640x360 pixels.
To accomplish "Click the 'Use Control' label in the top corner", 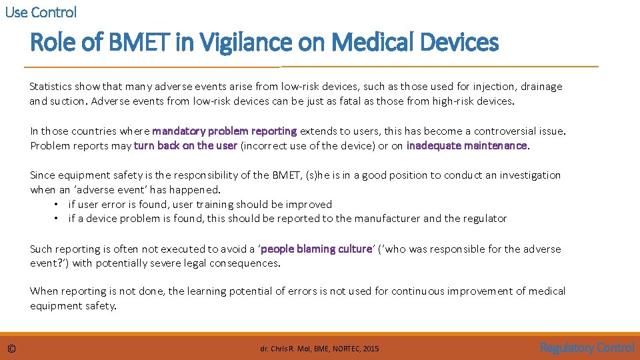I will [x=41, y=12].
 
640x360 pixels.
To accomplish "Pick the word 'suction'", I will [x=67, y=101].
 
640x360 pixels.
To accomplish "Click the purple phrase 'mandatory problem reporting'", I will [x=224, y=131].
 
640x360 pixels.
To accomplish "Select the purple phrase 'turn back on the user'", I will [x=185, y=145].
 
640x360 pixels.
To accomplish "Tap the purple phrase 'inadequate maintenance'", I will [x=467, y=145].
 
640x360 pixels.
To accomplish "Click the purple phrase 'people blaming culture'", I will [x=316, y=249].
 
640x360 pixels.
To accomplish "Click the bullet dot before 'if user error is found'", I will [x=58, y=205].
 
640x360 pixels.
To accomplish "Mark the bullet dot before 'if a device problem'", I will [x=58, y=219].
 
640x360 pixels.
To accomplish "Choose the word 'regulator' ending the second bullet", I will [x=484, y=219].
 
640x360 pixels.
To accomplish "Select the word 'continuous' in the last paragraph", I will [x=417, y=291].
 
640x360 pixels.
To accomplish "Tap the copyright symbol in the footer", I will [x=11, y=349].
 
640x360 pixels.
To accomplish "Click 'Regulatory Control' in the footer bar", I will [x=587, y=347].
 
